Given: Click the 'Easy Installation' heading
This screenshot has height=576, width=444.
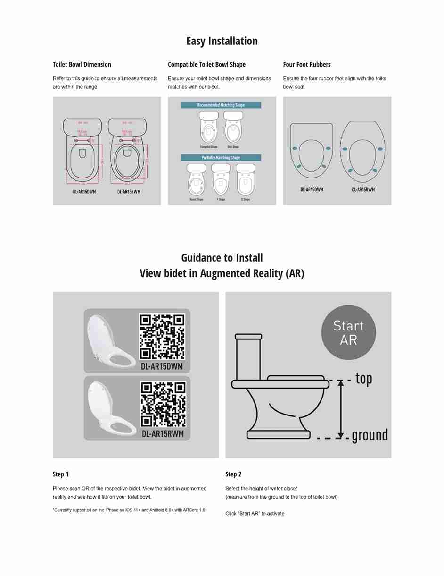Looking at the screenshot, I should tap(222, 41).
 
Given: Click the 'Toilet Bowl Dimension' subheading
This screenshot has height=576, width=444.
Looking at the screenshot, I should tap(82, 65).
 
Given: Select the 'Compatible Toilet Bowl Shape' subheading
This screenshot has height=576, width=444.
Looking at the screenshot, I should tap(206, 65).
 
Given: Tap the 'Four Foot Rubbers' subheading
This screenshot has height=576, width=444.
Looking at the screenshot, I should tap(307, 65).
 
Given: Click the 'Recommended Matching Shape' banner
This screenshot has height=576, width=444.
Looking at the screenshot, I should tap(221, 105).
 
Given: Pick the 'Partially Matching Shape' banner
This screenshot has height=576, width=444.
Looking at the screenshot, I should tap(221, 158).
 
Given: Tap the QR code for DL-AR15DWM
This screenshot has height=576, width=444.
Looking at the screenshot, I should tap(162, 337).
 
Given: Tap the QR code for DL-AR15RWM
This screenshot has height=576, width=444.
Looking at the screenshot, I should tap(163, 404).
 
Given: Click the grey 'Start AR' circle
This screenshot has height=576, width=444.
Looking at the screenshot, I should tap(348, 333).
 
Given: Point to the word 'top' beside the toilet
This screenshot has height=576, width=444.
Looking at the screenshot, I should tap(363, 379).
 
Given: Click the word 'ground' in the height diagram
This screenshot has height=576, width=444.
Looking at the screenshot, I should tap(370, 435).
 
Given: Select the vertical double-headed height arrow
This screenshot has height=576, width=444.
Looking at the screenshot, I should tap(341, 409).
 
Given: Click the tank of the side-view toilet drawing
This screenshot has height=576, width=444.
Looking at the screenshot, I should tap(248, 356).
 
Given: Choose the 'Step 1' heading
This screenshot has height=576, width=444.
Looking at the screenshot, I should tap(61, 474).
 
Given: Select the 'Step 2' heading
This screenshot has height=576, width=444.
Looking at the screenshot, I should tap(233, 474).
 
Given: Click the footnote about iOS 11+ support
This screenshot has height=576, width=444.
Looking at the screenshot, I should tap(129, 510).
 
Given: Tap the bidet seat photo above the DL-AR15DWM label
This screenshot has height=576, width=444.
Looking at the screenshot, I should tap(111, 340).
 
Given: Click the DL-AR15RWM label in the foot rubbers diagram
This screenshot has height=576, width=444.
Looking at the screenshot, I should tap(363, 190).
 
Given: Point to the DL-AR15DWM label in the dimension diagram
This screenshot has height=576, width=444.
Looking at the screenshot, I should tap(84, 192).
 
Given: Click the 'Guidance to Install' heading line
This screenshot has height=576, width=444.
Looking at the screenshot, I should tap(222, 258).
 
